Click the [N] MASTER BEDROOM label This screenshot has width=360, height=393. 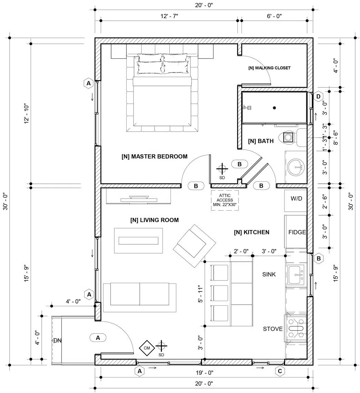pyautogui.click(x=154, y=156)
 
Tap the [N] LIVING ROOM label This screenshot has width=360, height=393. pyautogui.click(x=154, y=220)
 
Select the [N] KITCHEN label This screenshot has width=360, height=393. pyautogui.click(x=251, y=232)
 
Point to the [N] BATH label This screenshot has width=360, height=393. pyautogui.click(x=261, y=141)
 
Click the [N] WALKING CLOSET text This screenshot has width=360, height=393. pyautogui.click(x=269, y=68)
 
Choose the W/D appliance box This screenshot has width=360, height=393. pyautogui.click(x=296, y=199)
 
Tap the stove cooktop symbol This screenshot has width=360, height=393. pyautogui.click(x=296, y=328)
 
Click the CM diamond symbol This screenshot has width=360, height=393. pyautogui.click(x=147, y=348)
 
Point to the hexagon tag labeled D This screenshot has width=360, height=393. pyautogui.click(x=318, y=96)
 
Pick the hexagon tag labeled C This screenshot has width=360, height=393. pyautogui.click(x=280, y=371)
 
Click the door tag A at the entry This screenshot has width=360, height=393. pyautogui.click(x=98, y=338)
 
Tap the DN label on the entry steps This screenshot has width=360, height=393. pyautogui.click(x=57, y=341)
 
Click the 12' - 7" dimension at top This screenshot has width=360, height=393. pyautogui.click(x=169, y=16)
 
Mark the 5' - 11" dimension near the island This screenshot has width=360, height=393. pyautogui.click(x=199, y=294)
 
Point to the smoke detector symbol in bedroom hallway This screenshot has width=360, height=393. pyautogui.click(x=222, y=169)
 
